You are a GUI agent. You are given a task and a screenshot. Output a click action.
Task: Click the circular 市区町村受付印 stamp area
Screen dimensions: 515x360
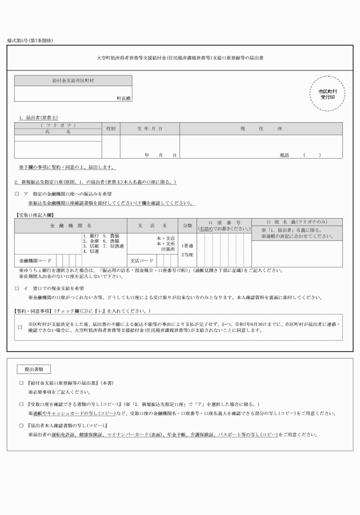pyautogui.click(x=327, y=94)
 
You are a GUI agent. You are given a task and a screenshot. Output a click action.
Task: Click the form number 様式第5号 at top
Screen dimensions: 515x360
pyautogui.click(x=29, y=42)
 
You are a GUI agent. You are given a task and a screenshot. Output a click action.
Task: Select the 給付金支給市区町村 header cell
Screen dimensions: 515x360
pyautogui.click(x=73, y=81)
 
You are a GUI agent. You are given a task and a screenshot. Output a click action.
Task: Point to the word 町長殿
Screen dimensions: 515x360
pyautogui.click(x=124, y=98)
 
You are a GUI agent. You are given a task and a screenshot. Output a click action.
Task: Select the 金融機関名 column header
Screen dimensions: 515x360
pyautogui.click(x=71, y=226)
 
